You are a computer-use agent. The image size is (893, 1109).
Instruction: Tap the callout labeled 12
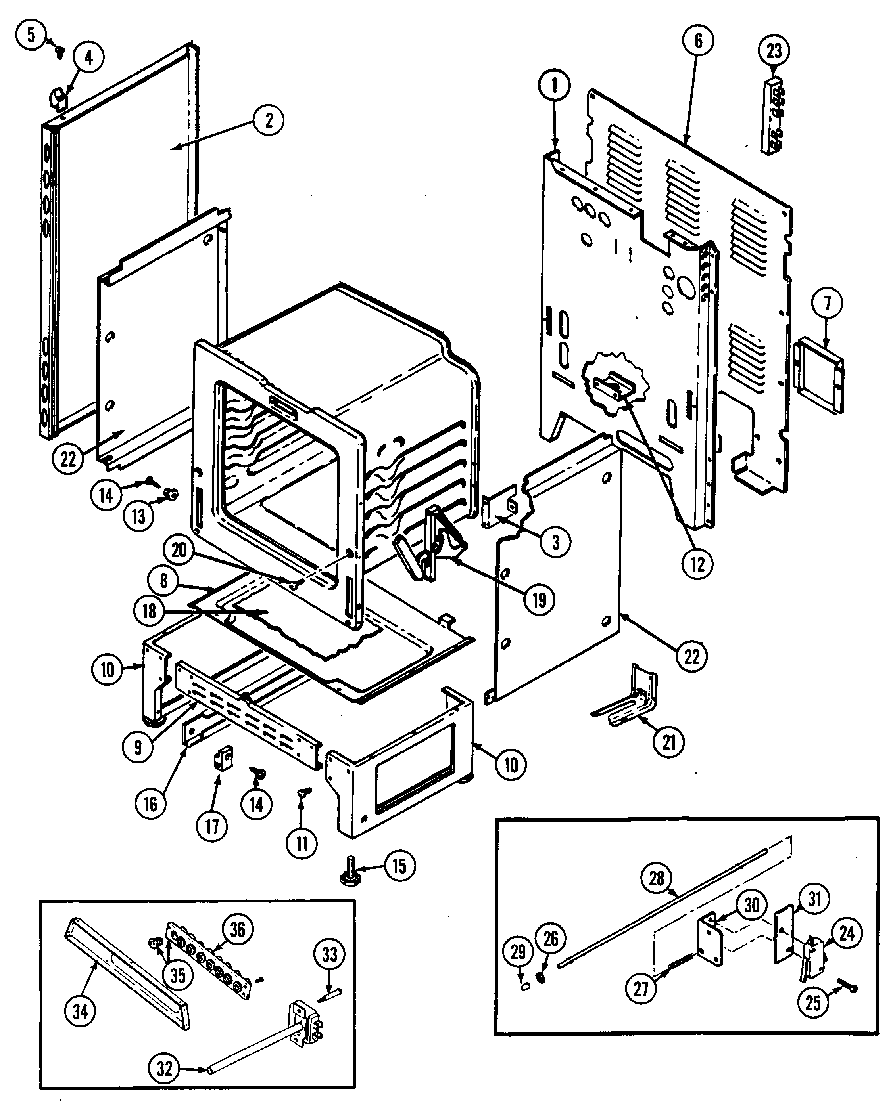(697, 564)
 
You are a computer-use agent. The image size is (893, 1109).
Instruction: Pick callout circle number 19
(539, 600)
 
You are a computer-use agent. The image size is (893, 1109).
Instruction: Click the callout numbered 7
(828, 304)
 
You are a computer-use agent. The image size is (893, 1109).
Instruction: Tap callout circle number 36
(237, 929)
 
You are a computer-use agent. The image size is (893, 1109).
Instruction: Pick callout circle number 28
(657, 878)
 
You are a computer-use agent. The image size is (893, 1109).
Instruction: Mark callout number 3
(555, 542)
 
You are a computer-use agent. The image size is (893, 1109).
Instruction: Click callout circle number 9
(138, 748)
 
